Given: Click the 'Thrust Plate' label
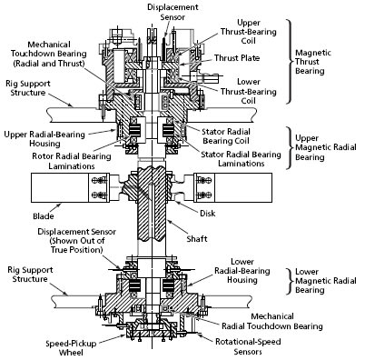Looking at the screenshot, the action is tap(237, 58).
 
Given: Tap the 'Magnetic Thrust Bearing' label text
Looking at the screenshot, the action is tap(310, 62).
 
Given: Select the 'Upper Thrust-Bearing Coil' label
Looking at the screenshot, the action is tap(249, 32).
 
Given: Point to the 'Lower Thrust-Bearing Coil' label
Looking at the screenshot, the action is tap(249, 91).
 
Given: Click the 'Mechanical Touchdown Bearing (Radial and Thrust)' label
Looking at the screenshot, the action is tap(49, 54).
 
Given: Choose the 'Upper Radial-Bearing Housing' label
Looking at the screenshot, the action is tap(44, 139).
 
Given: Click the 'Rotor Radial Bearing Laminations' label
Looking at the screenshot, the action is tap(72, 161).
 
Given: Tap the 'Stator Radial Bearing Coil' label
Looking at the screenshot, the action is tap(226, 136).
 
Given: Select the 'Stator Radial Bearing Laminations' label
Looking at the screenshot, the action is tap(242, 159).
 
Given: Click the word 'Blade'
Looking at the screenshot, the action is tap(44, 216).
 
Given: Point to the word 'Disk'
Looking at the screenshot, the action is tap(208, 214).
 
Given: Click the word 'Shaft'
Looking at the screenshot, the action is tap(197, 239).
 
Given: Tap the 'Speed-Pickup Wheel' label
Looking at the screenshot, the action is tap(71, 348).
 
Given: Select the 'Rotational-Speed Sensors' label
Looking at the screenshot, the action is tap(248, 346).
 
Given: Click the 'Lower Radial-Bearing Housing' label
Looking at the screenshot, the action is tap(242, 271).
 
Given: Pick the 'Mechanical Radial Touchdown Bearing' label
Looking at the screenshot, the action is tap(272, 321).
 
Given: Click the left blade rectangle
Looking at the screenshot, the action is tap(60, 187).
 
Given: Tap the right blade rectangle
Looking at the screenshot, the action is tap(243, 187).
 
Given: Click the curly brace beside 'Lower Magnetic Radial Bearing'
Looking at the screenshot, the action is tap(289, 281).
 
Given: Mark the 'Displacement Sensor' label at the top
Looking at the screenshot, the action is tap(173, 12).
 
